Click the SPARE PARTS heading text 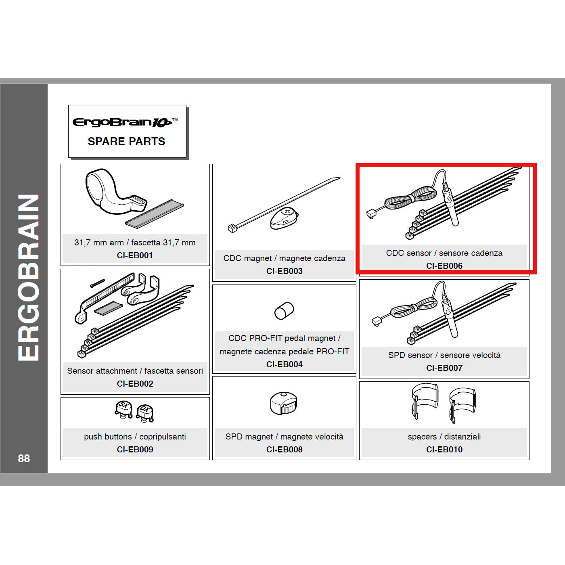pos(126,142)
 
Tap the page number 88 pos(24,458)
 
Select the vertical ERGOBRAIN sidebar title pos(28,278)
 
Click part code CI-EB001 pos(135,255)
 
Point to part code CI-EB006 pos(444,266)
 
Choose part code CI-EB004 pos(284,364)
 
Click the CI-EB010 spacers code pos(444,450)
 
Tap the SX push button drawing pos(124,408)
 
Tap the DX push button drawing pos(145,412)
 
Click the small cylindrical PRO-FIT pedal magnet pos(284,311)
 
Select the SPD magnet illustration pos(283,403)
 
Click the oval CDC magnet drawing pos(284,218)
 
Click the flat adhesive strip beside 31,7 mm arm pos(154,213)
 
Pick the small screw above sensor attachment pos(97,283)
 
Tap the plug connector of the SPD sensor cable pos(376,321)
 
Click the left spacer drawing pos(425,400)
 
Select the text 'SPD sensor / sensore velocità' pos(444,355)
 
